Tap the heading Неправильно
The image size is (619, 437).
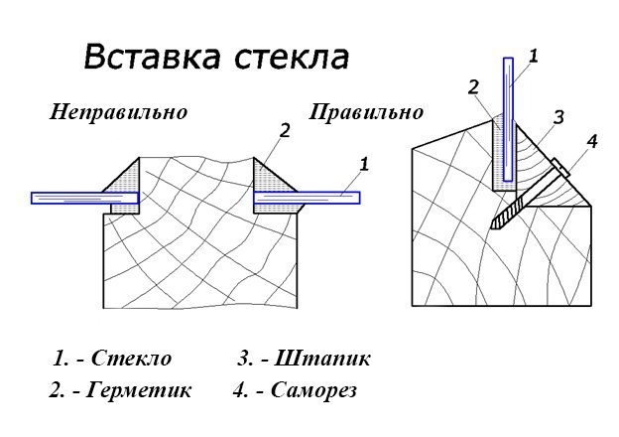coord(119,112)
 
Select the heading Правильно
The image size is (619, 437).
coord(366,112)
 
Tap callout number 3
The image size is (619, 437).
coord(558,117)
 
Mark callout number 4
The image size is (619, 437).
coord(591,142)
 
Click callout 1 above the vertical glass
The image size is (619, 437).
coord(533,58)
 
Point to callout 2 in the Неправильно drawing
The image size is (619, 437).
coord(285,130)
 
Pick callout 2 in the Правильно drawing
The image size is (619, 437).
coord(473,86)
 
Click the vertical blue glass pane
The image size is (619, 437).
coord(508,119)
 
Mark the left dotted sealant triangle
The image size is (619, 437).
coord(122,179)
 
